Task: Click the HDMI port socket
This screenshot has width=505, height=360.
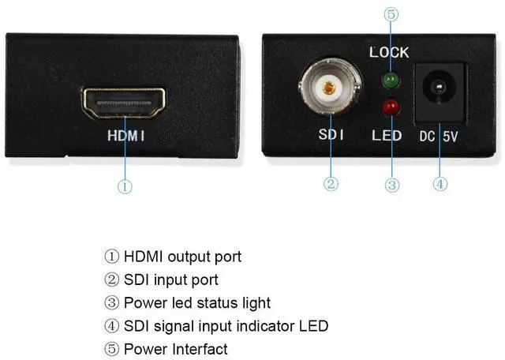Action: pos(125,103)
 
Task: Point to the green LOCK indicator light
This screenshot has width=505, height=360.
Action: pos(389,79)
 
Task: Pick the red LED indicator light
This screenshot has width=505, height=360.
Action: pos(389,107)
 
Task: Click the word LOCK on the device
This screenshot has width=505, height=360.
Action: pos(389,52)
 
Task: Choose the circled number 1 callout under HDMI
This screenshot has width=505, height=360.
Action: pos(125,186)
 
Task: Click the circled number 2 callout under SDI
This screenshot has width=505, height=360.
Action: pos(331,184)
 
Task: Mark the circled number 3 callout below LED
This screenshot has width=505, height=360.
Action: pos(392,184)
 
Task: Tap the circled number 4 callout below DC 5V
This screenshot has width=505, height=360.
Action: pos(441,184)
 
